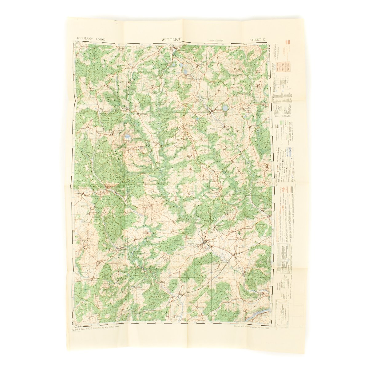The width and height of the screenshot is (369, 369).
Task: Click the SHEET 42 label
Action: coord(257,39)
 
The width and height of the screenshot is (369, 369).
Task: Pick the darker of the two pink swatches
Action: coord(288,42)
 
